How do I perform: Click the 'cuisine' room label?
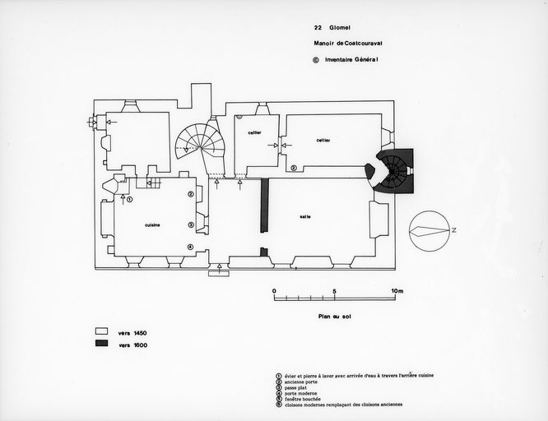click(x=152, y=224)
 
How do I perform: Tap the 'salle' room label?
click(x=305, y=216)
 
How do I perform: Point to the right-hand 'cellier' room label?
click(x=323, y=141)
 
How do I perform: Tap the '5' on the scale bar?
click(x=335, y=291)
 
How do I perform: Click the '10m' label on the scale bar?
click(x=397, y=291)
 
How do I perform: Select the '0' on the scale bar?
click(x=274, y=291)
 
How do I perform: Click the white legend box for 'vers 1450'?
click(x=102, y=332)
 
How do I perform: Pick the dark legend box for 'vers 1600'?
click(x=102, y=345)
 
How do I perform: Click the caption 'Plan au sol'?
click(x=324, y=316)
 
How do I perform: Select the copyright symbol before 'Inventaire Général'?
click(x=316, y=59)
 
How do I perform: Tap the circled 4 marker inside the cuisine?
click(x=190, y=247)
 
